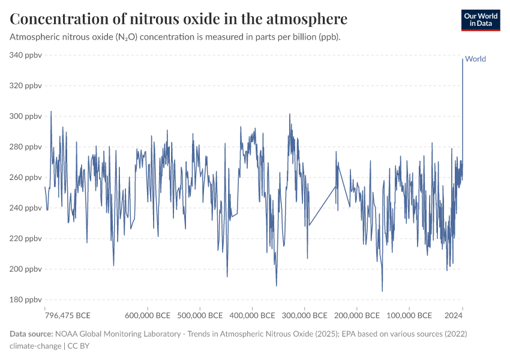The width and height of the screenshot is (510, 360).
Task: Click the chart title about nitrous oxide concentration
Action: click(x=178, y=19)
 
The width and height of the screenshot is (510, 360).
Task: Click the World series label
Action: click(x=475, y=59)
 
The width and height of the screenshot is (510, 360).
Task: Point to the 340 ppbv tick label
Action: click(x=25, y=55)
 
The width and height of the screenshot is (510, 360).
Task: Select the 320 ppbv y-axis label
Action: click(x=25, y=86)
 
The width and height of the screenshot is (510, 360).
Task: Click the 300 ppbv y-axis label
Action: click(x=25, y=116)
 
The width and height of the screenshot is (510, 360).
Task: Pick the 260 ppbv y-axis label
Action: click(x=25, y=178)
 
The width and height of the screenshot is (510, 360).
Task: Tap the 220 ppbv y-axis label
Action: click(x=25, y=239)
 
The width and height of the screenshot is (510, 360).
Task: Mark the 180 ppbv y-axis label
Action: click(x=25, y=300)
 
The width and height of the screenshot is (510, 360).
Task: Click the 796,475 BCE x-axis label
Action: click(x=68, y=316)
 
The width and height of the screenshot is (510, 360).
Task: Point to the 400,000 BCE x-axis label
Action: click(x=253, y=316)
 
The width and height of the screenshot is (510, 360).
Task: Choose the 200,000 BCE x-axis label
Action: click(x=356, y=316)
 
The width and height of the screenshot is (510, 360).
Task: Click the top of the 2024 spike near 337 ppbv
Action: click(x=462, y=59)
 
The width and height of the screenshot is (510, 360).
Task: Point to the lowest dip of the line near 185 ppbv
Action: click(x=382, y=292)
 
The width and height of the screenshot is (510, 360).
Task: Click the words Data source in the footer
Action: click(x=31, y=334)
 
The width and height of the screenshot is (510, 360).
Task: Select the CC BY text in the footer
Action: click(x=78, y=346)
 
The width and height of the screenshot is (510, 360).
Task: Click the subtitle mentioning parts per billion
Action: click(x=175, y=37)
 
